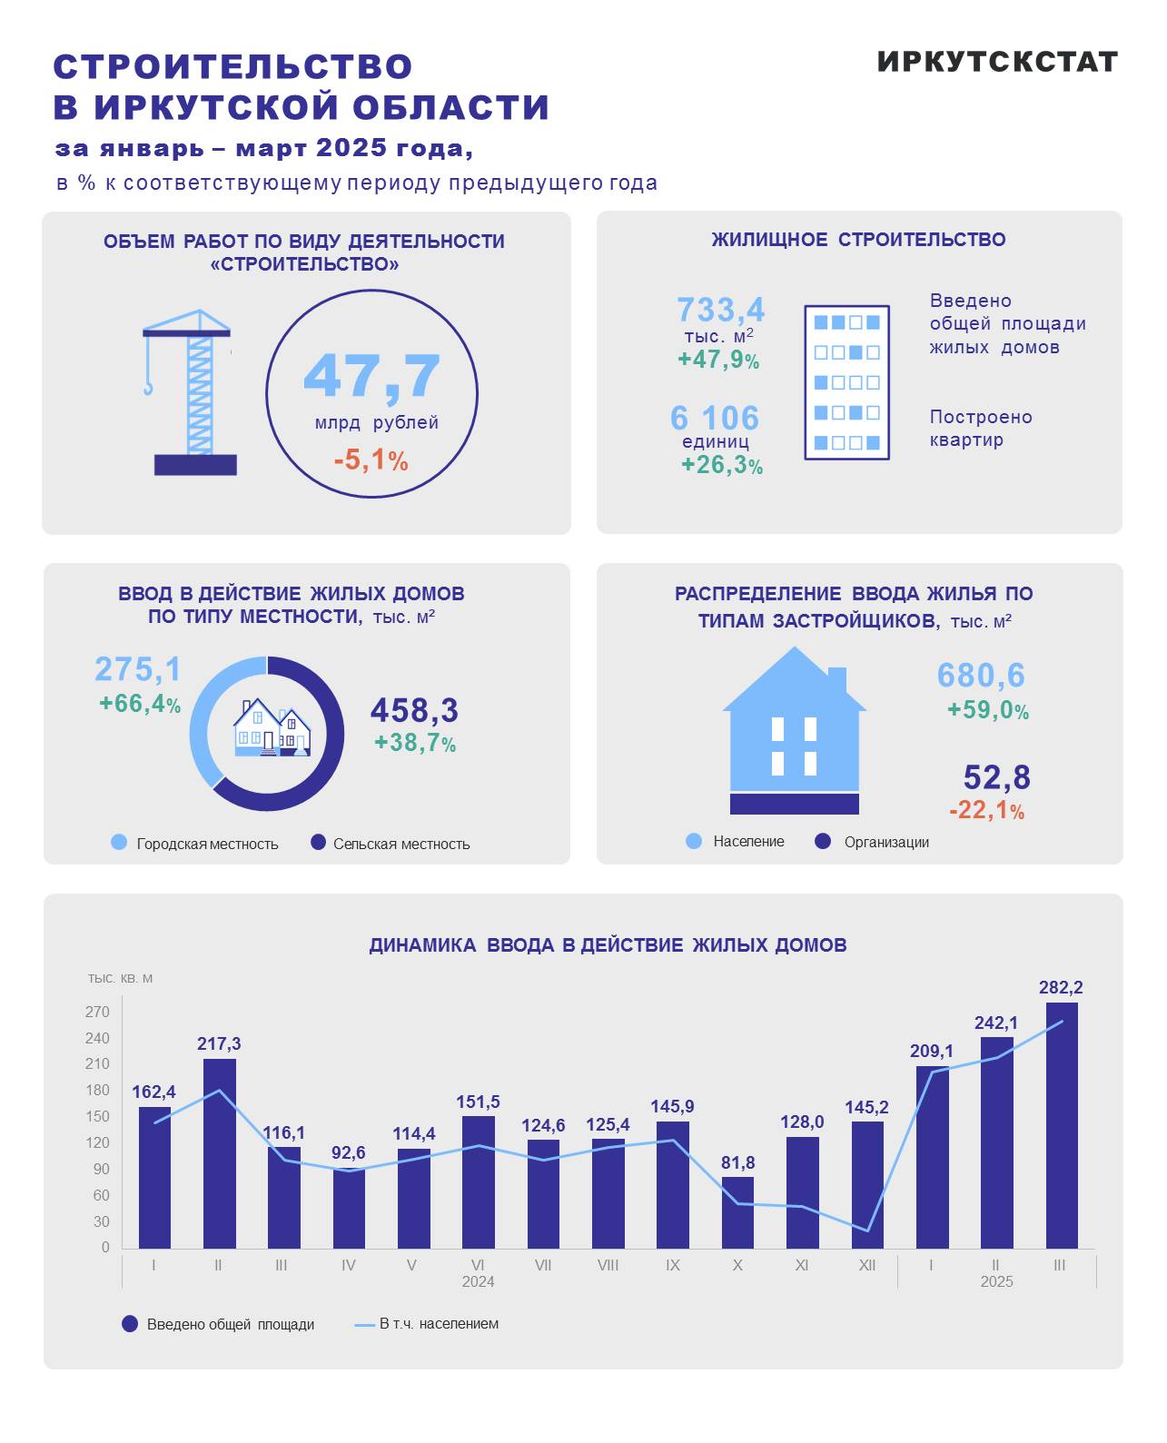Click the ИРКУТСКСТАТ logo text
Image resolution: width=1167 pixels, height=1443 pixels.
(996, 62)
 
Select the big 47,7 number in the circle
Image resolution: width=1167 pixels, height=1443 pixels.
(371, 376)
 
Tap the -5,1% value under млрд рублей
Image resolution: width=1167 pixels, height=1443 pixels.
(371, 460)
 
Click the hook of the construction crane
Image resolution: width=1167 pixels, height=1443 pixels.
(148, 388)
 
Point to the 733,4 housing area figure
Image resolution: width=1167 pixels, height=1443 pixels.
(721, 310)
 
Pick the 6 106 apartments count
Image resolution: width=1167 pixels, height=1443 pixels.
(715, 418)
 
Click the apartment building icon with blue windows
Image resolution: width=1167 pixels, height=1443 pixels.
(846, 382)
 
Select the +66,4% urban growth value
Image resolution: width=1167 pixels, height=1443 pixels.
(140, 704)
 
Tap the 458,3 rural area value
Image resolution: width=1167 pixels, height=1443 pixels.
(414, 710)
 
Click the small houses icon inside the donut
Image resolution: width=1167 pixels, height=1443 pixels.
(271, 727)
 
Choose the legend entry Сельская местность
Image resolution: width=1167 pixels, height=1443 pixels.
(401, 844)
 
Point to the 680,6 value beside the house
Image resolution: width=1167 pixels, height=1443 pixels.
(981, 676)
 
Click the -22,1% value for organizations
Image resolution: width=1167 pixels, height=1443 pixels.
(986, 810)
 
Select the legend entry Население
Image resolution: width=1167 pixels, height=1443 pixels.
(747, 842)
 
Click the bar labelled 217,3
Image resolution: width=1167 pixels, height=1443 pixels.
(219, 1153)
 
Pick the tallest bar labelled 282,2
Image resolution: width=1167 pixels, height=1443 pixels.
(1061, 1126)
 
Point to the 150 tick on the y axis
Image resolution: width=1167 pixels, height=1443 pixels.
(98, 1117)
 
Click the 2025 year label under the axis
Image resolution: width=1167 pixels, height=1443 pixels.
(996, 1281)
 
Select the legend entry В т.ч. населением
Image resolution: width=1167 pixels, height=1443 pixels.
(438, 1324)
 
